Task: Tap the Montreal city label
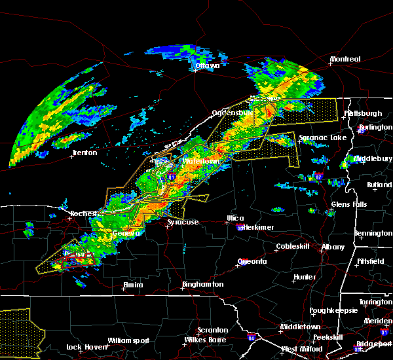(345, 60)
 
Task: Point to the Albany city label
(332, 247)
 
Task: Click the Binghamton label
(203, 285)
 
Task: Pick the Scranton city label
(213, 330)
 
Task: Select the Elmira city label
(133, 285)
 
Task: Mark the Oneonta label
(252, 261)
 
